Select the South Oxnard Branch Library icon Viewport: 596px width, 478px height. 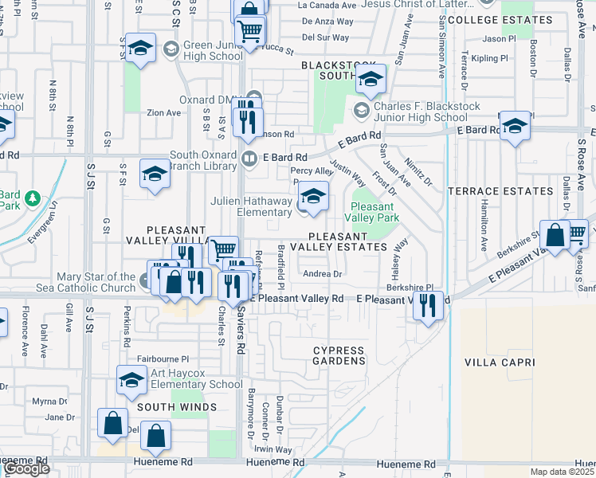[249, 159]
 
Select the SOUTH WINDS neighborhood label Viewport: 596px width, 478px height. [177, 407]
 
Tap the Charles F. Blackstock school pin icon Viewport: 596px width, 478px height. [362, 109]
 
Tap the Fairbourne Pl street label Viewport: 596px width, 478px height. [163, 359]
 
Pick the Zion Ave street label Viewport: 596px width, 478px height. [163, 113]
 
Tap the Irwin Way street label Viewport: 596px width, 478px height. [274, 450]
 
